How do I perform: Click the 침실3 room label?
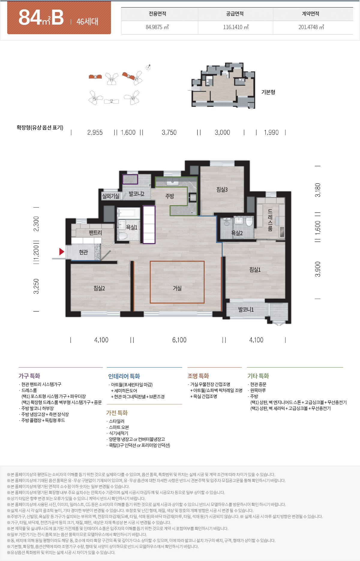(x=222, y=190)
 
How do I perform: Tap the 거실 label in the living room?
(x=177, y=288)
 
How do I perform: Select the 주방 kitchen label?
(x=169, y=196)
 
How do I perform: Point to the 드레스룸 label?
(x=270, y=220)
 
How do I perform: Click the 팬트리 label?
(x=95, y=232)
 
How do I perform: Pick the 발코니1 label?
(x=246, y=310)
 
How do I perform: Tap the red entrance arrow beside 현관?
(x=61, y=251)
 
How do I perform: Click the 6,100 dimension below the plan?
(x=179, y=340)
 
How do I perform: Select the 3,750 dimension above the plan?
(x=169, y=132)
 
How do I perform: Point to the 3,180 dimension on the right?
(x=318, y=190)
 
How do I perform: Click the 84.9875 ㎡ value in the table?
(x=157, y=27)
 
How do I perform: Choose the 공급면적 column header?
(x=235, y=14)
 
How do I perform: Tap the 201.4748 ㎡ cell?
(x=311, y=27)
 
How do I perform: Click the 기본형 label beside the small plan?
(x=268, y=92)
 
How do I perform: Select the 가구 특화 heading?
(x=29, y=376)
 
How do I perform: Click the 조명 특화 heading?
(x=198, y=376)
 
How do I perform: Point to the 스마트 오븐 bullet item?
(x=119, y=427)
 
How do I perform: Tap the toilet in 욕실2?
(x=249, y=222)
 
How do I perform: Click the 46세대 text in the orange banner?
(x=87, y=22)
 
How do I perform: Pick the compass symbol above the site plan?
(x=148, y=67)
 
